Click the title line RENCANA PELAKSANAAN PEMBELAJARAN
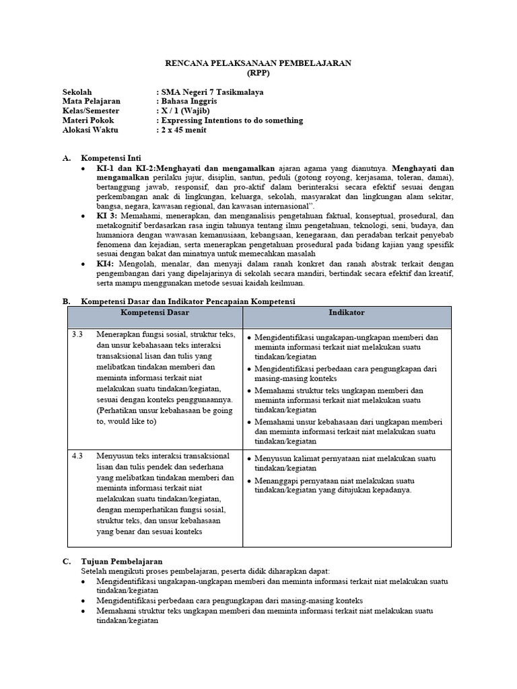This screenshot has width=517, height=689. click(258, 63)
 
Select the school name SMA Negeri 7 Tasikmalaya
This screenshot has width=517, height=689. click(211, 92)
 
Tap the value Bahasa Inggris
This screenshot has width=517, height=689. click(189, 102)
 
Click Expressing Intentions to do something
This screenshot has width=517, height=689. click(230, 120)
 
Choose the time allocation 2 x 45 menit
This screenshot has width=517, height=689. click(182, 130)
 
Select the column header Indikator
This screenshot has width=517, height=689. click(347, 314)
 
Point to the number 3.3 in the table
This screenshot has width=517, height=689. click(77, 334)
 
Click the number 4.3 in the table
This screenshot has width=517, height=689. click(77, 456)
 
